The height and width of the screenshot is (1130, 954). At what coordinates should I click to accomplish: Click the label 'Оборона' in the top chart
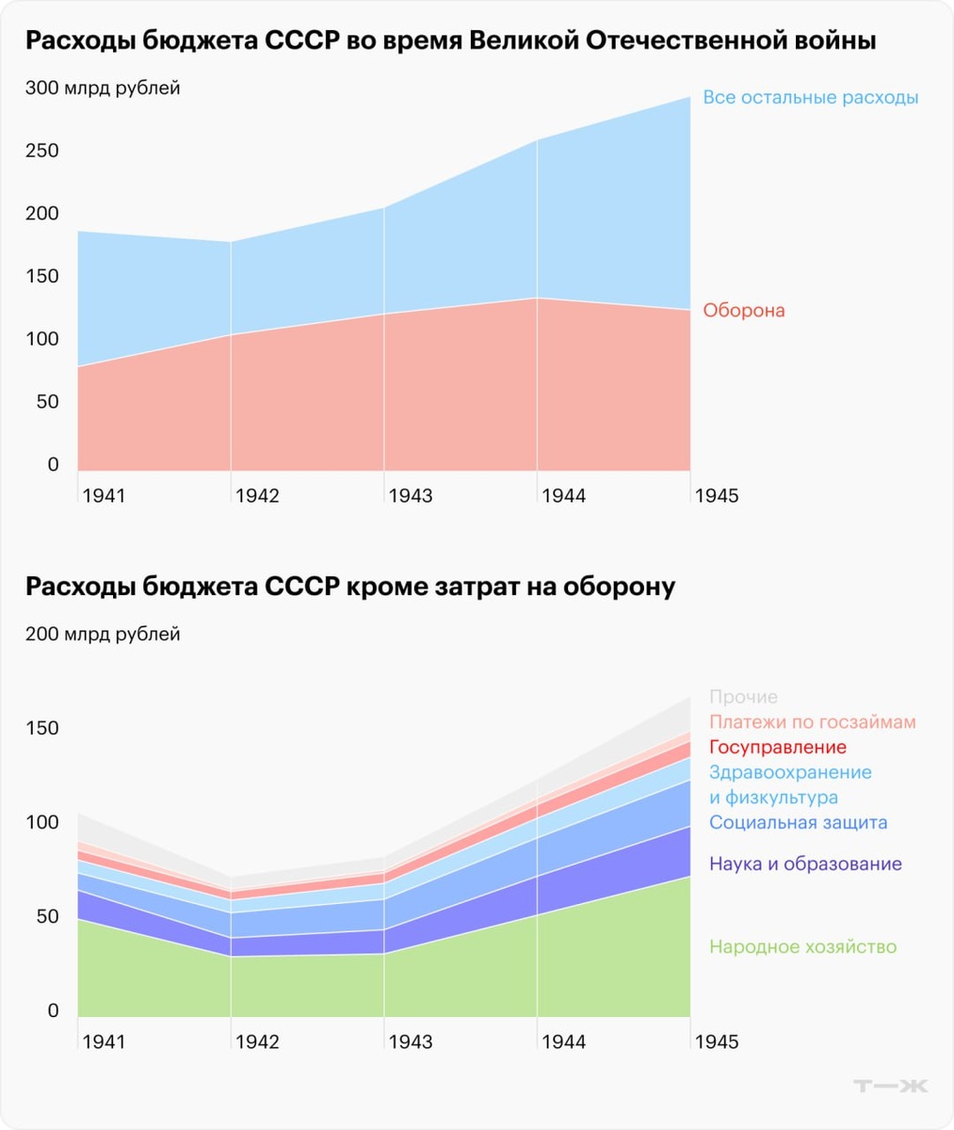pyautogui.click(x=744, y=311)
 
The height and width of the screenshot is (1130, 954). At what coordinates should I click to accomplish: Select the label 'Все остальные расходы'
pyautogui.click(x=810, y=98)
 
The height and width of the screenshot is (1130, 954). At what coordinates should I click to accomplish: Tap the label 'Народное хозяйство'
pyautogui.click(x=802, y=947)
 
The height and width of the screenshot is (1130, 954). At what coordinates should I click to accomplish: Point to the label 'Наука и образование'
pyautogui.click(x=805, y=864)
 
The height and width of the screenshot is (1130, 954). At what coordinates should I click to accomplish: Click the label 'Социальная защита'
pyautogui.click(x=798, y=823)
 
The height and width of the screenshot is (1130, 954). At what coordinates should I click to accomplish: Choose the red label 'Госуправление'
pyautogui.click(x=778, y=748)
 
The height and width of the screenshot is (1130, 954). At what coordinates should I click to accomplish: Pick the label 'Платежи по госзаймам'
pyautogui.click(x=812, y=722)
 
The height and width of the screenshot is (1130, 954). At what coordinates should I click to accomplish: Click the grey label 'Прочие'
pyautogui.click(x=743, y=697)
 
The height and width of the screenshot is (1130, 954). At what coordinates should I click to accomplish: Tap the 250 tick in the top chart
pyautogui.click(x=42, y=151)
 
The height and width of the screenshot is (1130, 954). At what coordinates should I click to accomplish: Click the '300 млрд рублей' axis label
pyautogui.click(x=103, y=89)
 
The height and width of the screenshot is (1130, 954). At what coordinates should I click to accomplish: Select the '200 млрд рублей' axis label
pyautogui.click(x=103, y=635)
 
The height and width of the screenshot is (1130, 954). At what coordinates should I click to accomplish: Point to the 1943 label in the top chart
pyautogui.click(x=410, y=495)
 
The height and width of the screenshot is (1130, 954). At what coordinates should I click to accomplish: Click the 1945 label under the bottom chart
pyautogui.click(x=717, y=1041)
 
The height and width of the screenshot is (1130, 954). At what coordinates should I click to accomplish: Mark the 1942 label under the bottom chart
pyautogui.click(x=257, y=1041)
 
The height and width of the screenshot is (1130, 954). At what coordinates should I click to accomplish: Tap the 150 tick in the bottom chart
pyautogui.click(x=42, y=728)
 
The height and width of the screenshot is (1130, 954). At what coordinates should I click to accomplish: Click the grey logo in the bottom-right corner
pyautogui.click(x=890, y=1086)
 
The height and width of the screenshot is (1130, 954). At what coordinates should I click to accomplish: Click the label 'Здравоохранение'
pyautogui.click(x=790, y=773)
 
